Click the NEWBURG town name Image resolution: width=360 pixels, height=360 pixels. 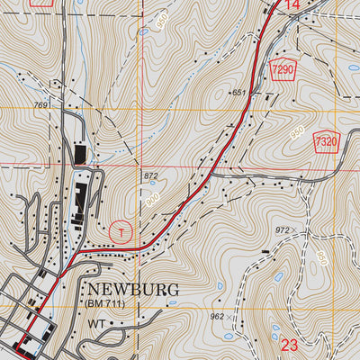point(134,290)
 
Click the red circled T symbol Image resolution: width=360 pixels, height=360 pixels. point(121,231)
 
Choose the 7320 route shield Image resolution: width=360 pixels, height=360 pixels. point(327,141)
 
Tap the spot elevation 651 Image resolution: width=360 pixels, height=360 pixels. point(238,93)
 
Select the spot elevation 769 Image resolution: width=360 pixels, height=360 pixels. point(40,105)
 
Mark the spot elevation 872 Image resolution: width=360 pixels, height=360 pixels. point(150,175)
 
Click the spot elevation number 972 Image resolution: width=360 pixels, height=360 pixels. point(283,230)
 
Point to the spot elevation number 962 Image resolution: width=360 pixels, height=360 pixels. point(217,316)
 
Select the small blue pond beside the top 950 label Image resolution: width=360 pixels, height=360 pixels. point(144,32)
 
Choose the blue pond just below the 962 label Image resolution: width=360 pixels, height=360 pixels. point(228,337)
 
